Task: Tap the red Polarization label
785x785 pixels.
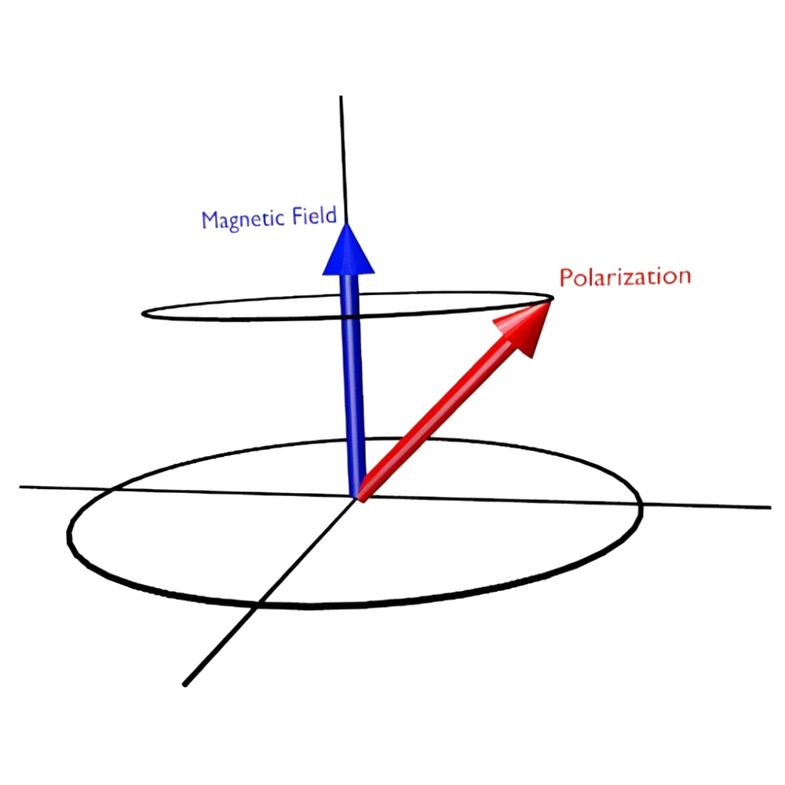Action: click(624, 277)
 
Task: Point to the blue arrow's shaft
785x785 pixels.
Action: click(353, 377)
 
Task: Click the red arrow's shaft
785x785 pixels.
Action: click(440, 416)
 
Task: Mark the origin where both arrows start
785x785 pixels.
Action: click(358, 495)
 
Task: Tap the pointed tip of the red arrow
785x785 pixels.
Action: click(553, 298)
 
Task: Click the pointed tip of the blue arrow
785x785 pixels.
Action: click(346, 224)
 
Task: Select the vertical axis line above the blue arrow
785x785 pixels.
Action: click(342, 157)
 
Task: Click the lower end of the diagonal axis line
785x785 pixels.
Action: click(185, 683)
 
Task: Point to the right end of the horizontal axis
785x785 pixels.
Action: click(768, 507)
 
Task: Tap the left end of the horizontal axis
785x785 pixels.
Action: click(24, 487)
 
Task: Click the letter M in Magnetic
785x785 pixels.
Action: click(210, 220)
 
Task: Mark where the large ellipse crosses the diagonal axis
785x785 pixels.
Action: click(257, 604)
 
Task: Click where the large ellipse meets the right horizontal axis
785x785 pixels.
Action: click(641, 503)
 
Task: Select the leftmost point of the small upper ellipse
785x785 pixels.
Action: click(143, 314)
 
